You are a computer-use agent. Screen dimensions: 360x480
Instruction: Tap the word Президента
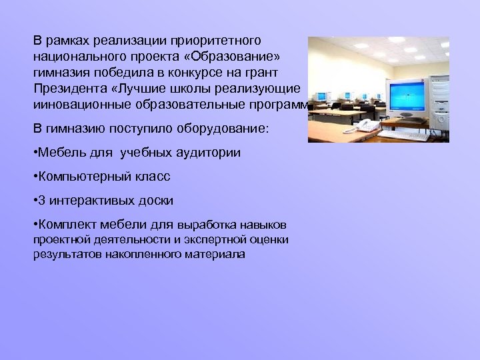pos(67,89)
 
